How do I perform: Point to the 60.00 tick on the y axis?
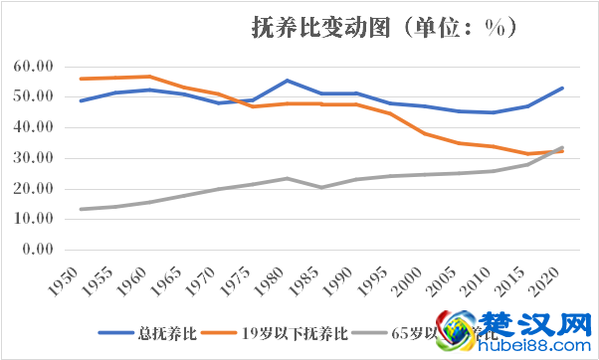pyautogui.click(x=33, y=67)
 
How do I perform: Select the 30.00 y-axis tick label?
pyautogui.click(x=33, y=158)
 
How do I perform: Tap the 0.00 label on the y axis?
pyautogui.click(x=37, y=249)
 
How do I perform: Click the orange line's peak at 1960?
pyautogui.click(x=149, y=77)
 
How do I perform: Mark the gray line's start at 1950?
pyautogui.click(x=81, y=209)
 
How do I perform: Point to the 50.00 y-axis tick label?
pyautogui.click(x=33, y=97)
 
